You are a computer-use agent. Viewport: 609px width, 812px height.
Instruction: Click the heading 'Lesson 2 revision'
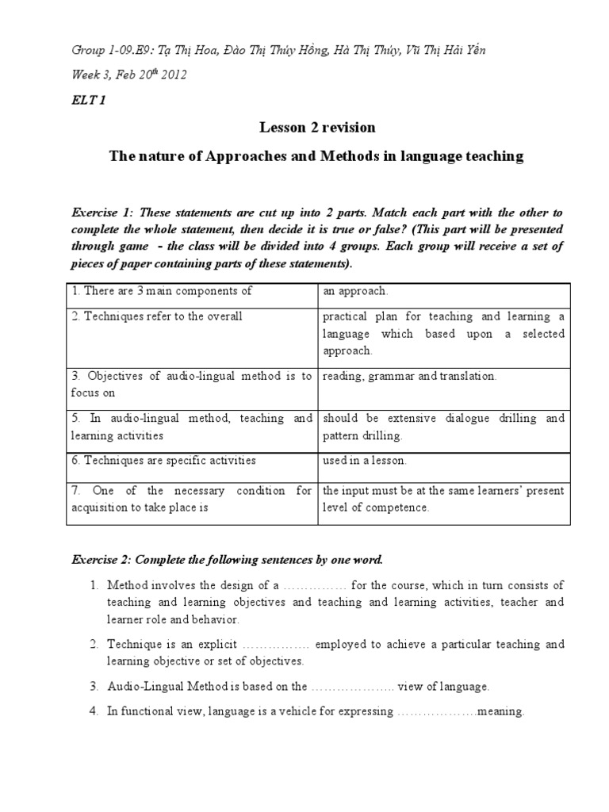tap(317, 128)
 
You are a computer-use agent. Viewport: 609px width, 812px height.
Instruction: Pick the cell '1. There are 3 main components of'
tap(162, 291)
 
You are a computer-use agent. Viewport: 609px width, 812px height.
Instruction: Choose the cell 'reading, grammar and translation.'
tap(409, 376)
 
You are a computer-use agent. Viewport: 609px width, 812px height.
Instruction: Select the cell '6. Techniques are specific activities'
tap(164, 460)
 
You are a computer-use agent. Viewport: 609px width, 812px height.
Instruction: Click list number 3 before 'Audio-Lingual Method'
tap(93, 687)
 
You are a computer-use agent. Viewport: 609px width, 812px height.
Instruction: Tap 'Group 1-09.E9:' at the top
tap(113, 51)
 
